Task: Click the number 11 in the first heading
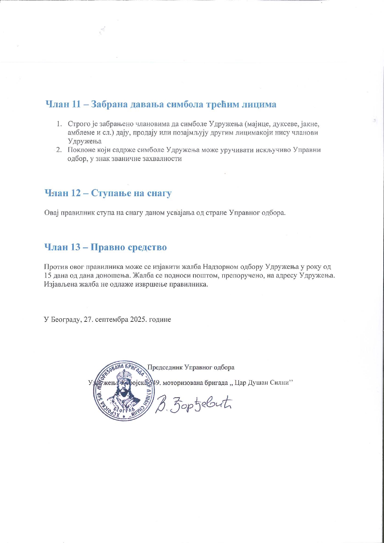click(76, 104)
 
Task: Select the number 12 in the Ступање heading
click(76, 193)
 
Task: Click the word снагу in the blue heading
click(158, 193)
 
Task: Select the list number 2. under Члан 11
click(59, 150)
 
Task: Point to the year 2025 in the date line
click(139, 319)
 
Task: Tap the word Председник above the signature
click(165, 367)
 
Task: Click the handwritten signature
click(194, 404)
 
